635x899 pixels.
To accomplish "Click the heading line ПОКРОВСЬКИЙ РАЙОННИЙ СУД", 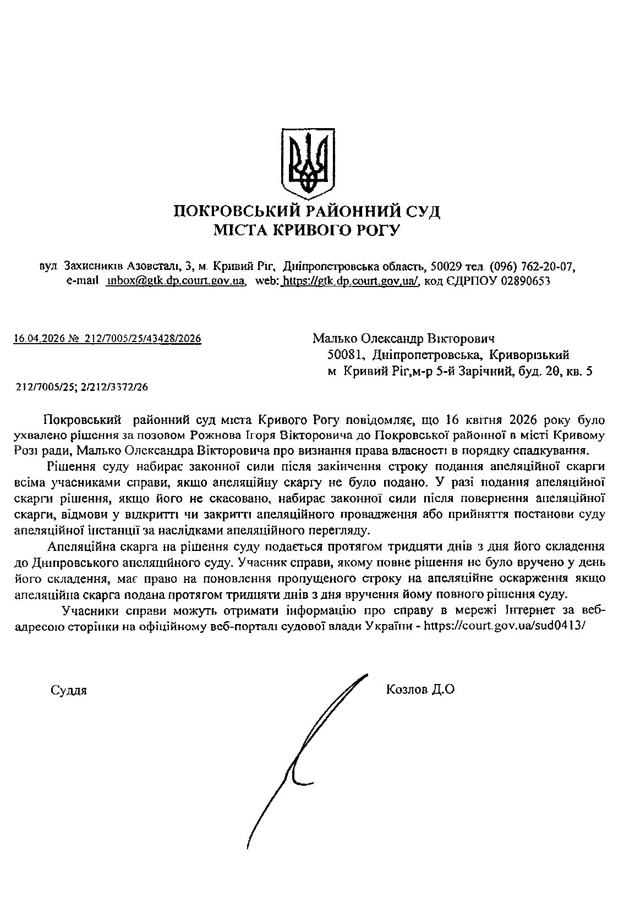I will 307,211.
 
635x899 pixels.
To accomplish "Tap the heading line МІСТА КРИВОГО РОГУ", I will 307,230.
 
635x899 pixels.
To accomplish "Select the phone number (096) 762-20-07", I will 532,266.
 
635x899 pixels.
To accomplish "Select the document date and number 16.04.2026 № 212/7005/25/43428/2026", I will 107,340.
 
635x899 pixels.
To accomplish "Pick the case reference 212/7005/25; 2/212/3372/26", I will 82,387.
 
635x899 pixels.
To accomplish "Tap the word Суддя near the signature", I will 68,690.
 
